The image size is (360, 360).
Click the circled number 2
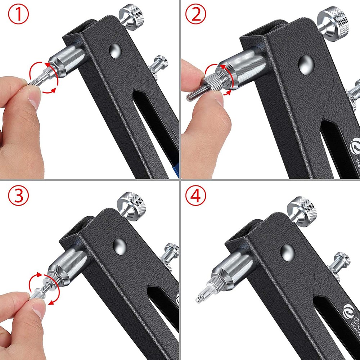coord(196,15)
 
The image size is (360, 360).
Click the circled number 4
coord(196,195)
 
